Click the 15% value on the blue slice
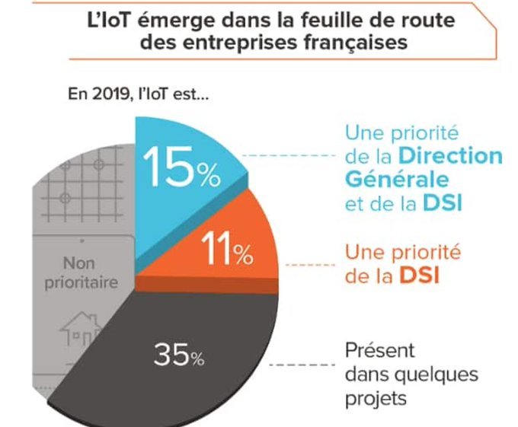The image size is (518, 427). click(181, 167)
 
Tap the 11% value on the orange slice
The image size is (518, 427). click(227, 248)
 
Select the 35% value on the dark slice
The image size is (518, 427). click(179, 355)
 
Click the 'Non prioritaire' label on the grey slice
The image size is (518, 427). click(81, 273)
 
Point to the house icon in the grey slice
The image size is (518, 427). click(80, 329)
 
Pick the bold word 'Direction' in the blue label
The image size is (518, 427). click(450, 156)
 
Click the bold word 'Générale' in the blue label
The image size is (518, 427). click(397, 180)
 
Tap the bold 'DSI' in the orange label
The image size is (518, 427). click(420, 276)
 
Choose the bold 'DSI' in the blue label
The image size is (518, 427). click(443, 202)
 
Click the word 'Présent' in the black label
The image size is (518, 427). click(379, 350)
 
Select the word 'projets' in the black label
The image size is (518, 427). click(376, 400)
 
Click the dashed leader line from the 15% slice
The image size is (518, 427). click(289, 155)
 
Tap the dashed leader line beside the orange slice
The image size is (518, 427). click(310, 265)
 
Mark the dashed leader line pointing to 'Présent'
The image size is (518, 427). click(302, 365)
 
